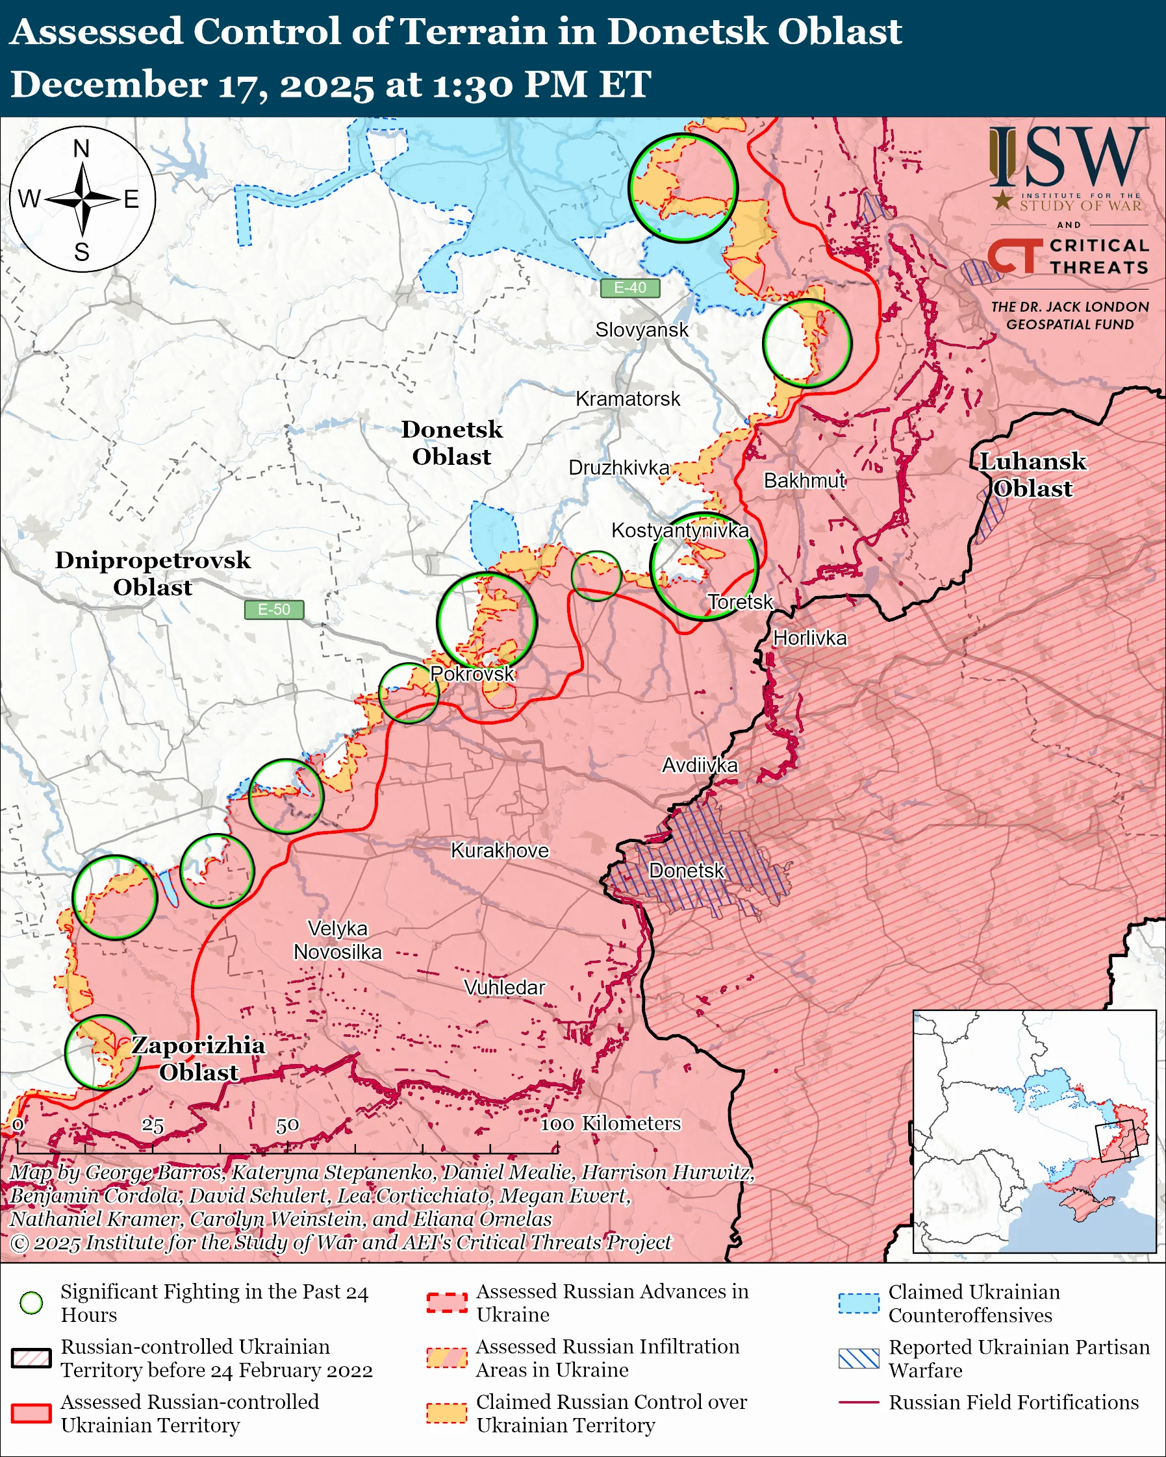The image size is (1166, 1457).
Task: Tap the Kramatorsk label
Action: (627, 399)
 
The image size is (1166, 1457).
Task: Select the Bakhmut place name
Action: (804, 480)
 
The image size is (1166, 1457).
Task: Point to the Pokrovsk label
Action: (472, 674)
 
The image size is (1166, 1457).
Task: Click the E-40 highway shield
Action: (629, 288)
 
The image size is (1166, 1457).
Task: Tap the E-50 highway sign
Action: (273, 610)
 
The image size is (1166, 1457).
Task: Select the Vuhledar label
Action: (504, 988)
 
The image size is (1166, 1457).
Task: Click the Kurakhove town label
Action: (500, 850)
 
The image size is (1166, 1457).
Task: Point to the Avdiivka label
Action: (699, 765)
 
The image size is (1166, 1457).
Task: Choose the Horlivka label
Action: (809, 638)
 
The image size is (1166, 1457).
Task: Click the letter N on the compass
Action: (81, 149)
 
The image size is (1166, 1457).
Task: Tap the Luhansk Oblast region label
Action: (1032, 475)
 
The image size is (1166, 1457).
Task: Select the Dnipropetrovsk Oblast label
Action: (153, 573)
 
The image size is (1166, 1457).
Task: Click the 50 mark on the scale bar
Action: (287, 1125)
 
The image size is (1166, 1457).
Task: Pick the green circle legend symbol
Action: (32, 1303)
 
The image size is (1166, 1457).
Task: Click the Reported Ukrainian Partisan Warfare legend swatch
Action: (859, 1358)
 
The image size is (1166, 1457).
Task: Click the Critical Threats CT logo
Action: (1014, 257)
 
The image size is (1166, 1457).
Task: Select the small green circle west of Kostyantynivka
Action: (596, 576)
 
